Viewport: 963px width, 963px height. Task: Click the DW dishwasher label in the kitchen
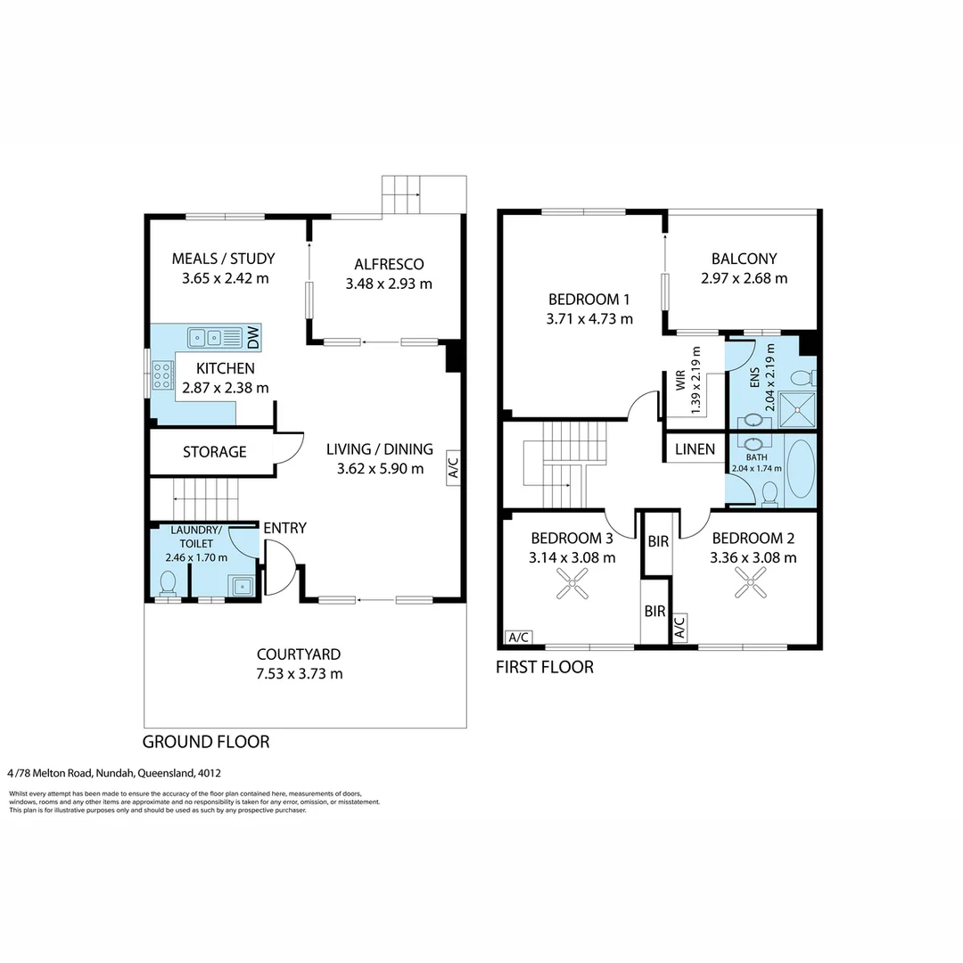(253, 337)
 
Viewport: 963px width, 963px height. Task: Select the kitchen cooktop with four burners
(163, 375)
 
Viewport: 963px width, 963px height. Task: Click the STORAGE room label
(214, 452)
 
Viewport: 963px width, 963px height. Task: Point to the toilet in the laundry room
(168, 583)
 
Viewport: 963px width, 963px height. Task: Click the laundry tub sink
(242, 586)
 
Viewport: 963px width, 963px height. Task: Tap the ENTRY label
(284, 528)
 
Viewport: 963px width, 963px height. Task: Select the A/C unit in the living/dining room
(453, 468)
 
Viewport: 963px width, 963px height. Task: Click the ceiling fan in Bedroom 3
(572, 583)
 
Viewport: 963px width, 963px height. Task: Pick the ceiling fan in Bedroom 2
(751, 582)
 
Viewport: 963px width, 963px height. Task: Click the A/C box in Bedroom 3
(518, 637)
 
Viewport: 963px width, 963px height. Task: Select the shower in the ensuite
(797, 409)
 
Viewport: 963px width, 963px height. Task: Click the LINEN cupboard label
(695, 449)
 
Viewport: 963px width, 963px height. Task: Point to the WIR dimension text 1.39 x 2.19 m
(695, 380)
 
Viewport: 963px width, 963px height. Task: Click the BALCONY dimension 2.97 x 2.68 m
(744, 278)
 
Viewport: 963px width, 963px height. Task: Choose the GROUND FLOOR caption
(206, 742)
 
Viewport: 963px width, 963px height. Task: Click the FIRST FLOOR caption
(545, 667)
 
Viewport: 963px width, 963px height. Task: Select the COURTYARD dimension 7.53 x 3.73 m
(299, 674)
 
